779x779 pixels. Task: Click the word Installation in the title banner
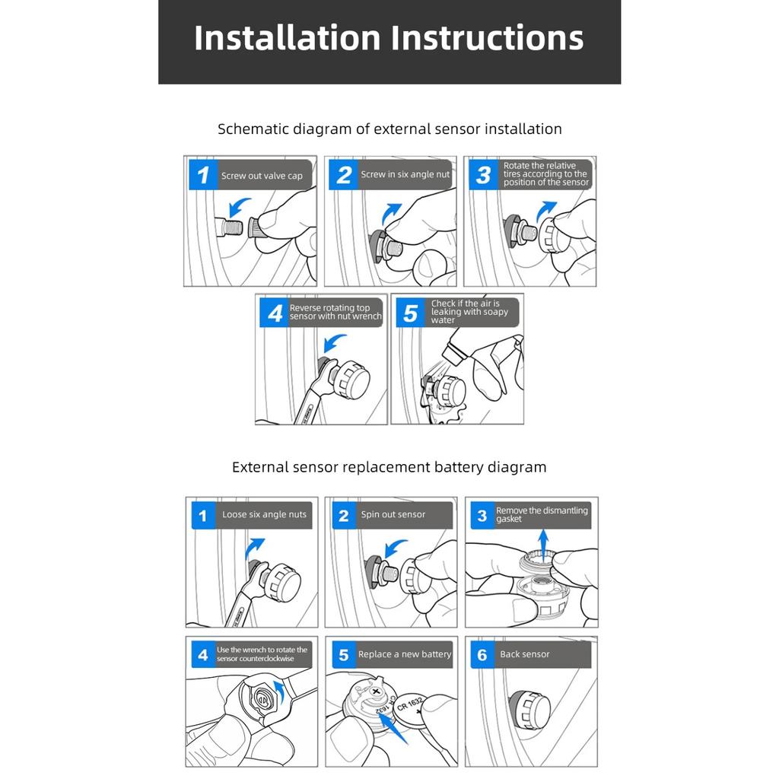click(x=288, y=38)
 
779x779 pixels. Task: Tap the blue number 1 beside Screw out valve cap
click(x=202, y=175)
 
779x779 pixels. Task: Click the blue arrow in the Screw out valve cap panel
click(x=238, y=207)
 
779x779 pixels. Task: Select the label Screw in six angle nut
click(x=405, y=174)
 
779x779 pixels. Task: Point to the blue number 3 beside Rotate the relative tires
click(x=483, y=174)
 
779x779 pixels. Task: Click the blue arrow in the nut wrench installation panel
click(x=334, y=343)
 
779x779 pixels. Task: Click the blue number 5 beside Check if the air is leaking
click(x=410, y=313)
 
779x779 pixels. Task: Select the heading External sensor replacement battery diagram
click(x=389, y=467)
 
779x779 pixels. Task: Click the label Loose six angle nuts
click(x=264, y=515)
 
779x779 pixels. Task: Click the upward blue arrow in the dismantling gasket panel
click(x=543, y=545)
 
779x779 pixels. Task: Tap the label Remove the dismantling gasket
click(x=542, y=515)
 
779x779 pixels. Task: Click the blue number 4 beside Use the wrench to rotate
click(x=202, y=655)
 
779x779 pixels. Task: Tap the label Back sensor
click(x=525, y=654)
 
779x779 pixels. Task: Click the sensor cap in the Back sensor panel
click(x=529, y=710)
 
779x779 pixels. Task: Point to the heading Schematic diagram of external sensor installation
click(x=389, y=129)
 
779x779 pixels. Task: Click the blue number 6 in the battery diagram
click(x=482, y=655)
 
